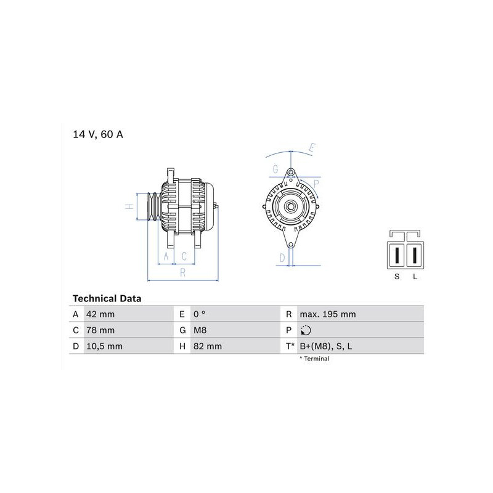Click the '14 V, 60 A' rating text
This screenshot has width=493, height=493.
tap(98, 134)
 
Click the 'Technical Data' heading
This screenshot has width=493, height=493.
tap(107, 298)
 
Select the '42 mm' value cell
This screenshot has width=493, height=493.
tap(100, 314)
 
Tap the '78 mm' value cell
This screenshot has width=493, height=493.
tap(100, 330)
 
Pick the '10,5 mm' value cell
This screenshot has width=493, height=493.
tap(104, 346)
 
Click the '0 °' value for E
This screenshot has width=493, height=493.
tap(199, 314)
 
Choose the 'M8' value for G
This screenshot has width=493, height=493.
tap(200, 330)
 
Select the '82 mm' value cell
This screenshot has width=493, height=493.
tap(208, 346)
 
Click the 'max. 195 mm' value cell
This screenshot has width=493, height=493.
tap(328, 314)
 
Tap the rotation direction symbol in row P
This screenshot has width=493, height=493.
tap(306, 330)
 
